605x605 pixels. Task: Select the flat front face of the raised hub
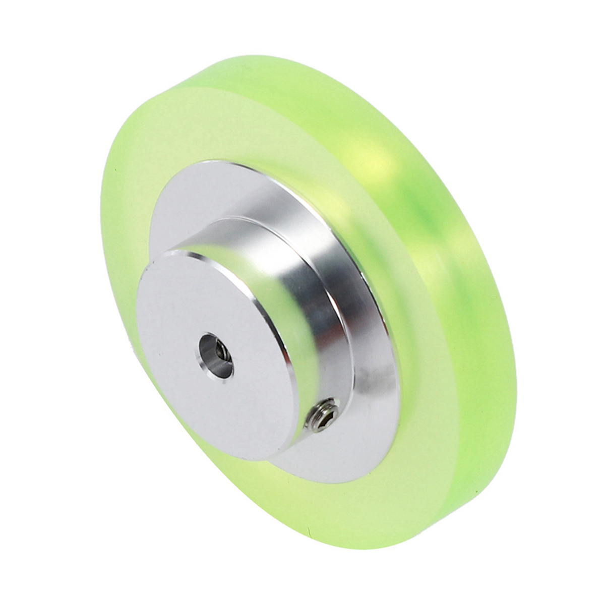202,323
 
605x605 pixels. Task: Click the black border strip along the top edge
302,24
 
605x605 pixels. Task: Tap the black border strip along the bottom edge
302,580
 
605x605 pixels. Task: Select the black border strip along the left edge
24,302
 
